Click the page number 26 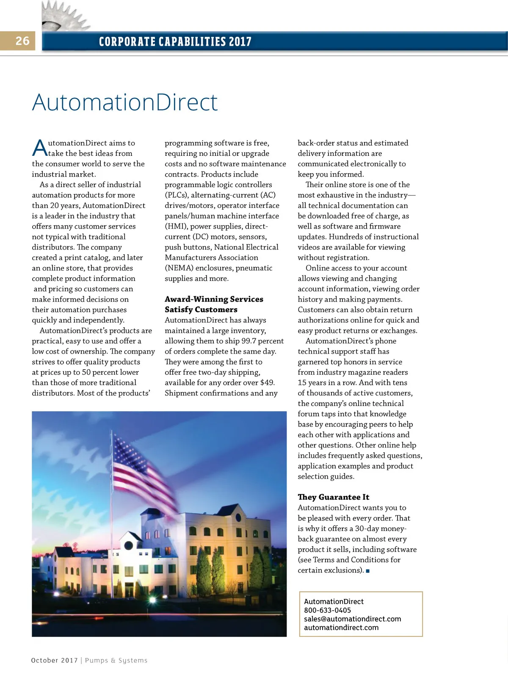pyautogui.click(x=22, y=41)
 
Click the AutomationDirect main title pyautogui.click(x=125, y=102)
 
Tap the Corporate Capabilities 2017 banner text pyautogui.click(x=175, y=41)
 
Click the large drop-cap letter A pyautogui.click(x=40, y=148)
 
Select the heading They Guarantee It pyautogui.click(x=333, y=497)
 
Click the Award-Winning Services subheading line pyautogui.click(x=214, y=299)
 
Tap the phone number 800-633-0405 pyautogui.click(x=327, y=610)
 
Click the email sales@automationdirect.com pyautogui.click(x=352, y=619)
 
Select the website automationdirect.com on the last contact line pyautogui.click(x=341, y=628)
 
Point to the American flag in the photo pyautogui.click(x=144, y=470)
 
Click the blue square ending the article pyautogui.click(x=368, y=571)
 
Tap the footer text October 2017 pyautogui.click(x=54, y=661)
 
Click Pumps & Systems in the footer pyautogui.click(x=116, y=661)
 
